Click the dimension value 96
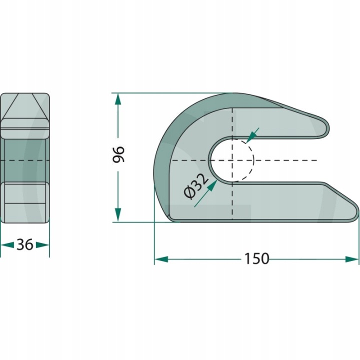click(118, 154)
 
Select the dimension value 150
click(256, 258)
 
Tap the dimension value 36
click(25, 244)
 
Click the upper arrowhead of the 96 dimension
click(117, 100)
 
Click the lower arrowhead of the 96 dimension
click(117, 214)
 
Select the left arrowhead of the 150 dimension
click(161, 259)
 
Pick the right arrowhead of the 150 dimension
click(351, 259)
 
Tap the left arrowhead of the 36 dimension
click(7, 245)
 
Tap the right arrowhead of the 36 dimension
click(42, 245)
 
